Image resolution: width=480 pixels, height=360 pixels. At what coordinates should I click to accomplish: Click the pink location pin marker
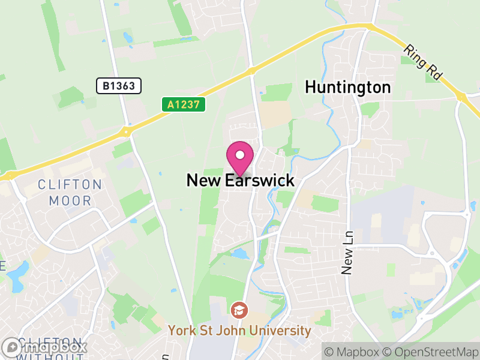[x=240, y=158]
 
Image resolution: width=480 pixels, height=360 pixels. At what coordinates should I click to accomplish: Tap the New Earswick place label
[x=240, y=180]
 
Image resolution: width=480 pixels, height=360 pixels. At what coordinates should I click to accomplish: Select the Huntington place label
[x=347, y=87]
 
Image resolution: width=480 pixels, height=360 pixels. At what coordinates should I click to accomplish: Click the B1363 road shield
[x=119, y=86]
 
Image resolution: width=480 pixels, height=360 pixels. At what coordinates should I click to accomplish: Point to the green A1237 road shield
[x=184, y=104]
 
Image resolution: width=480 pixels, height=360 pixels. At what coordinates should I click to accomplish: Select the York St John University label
[x=239, y=331]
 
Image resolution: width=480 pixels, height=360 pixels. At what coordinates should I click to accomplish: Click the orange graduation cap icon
[x=238, y=310]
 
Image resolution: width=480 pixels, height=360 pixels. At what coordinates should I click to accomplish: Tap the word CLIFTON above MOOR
[x=70, y=184]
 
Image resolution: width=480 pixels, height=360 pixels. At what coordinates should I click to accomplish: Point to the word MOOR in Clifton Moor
[x=70, y=201]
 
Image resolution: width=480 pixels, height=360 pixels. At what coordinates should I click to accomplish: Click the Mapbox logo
[x=44, y=347]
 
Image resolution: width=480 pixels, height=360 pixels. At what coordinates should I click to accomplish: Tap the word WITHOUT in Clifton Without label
[x=51, y=357]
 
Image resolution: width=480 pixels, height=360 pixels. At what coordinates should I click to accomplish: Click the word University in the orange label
[x=282, y=331]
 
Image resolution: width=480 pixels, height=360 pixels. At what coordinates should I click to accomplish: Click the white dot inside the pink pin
[x=240, y=154]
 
